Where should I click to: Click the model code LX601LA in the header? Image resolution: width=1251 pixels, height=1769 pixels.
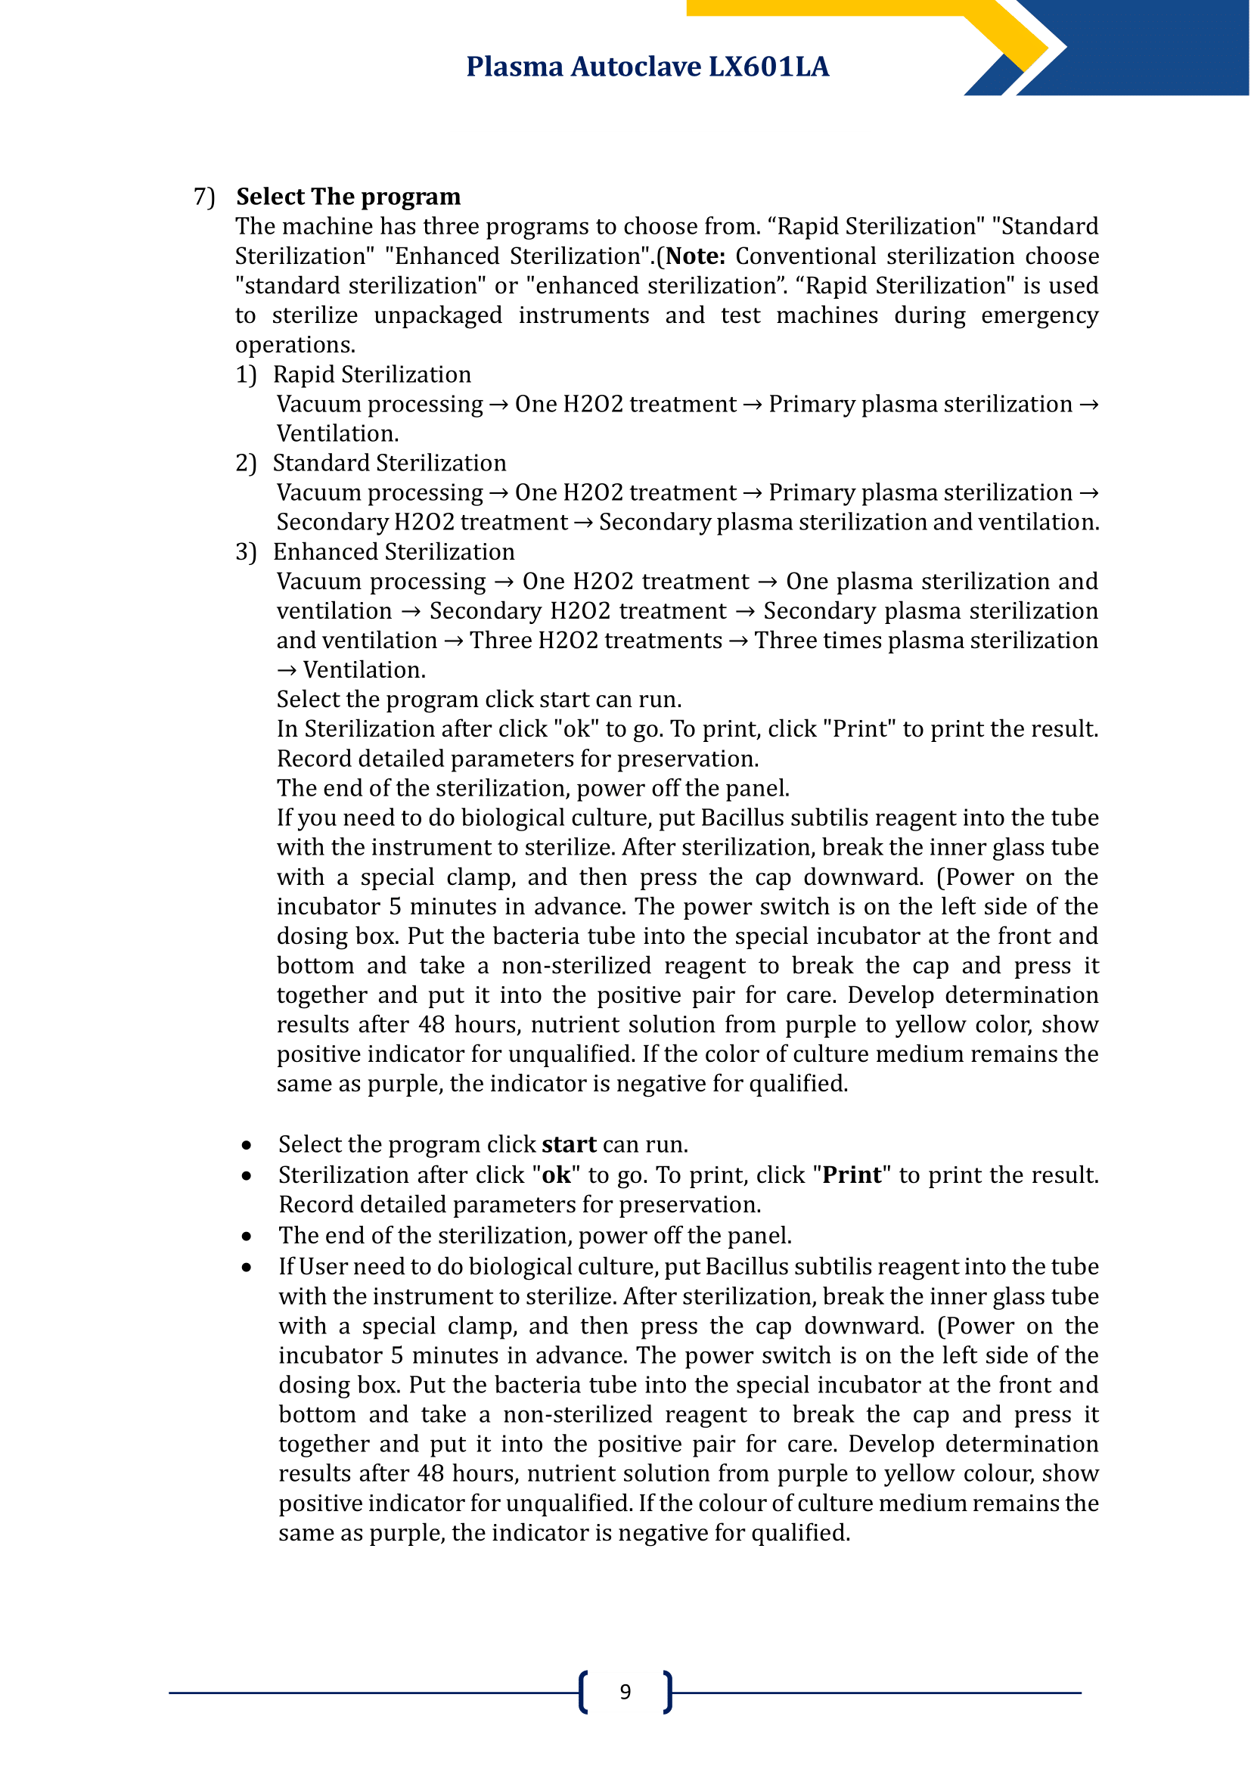click(x=768, y=67)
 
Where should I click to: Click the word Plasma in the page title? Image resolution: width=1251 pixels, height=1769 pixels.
click(x=514, y=67)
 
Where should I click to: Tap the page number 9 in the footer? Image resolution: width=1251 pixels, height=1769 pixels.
click(x=625, y=1692)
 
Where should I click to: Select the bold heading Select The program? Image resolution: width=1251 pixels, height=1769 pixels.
click(x=348, y=197)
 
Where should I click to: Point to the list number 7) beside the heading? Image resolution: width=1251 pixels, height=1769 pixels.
click(x=204, y=197)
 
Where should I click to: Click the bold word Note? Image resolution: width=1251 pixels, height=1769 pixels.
click(x=695, y=256)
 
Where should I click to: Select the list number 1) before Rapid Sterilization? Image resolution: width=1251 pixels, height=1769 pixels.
click(x=246, y=374)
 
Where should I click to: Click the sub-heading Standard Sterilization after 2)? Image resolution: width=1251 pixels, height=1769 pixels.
click(x=389, y=463)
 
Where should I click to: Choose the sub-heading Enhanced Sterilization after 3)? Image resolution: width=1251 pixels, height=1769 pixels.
click(x=393, y=551)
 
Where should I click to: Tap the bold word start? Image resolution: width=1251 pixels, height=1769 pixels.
click(x=569, y=1144)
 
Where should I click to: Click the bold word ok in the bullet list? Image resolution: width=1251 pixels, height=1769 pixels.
click(x=556, y=1175)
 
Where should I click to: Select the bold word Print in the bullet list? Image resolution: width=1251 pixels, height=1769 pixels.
click(x=851, y=1175)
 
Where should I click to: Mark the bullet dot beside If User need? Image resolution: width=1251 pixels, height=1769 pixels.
click(x=247, y=1268)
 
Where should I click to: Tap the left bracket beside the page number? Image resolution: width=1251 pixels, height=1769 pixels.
click(x=583, y=1692)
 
